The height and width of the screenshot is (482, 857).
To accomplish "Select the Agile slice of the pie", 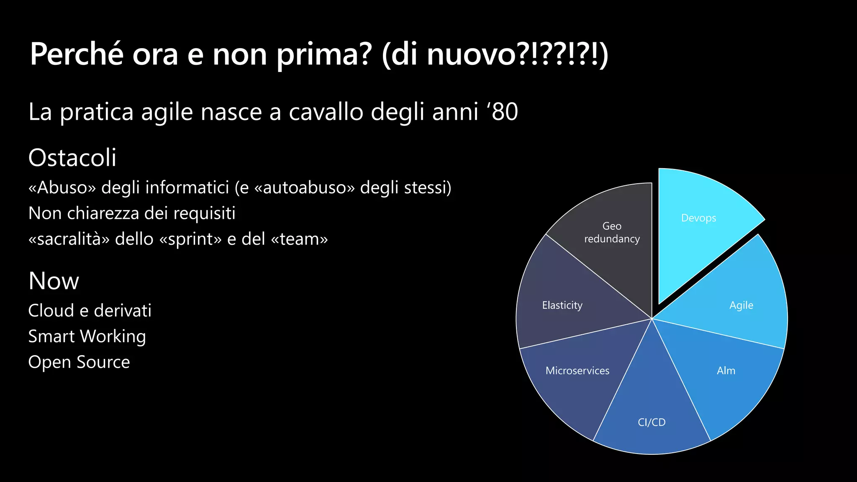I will pyautogui.click(x=736, y=301).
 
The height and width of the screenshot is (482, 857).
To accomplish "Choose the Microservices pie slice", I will pyautogui.click(x=577, y=377).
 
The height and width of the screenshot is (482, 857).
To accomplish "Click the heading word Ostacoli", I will pyautogui.click(x=72, y=158).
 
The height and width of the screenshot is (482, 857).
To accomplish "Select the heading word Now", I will pyautogui.click(x=54, y=281).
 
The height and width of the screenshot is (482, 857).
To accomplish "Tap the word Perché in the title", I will pyautogui.click(x=77, y=54).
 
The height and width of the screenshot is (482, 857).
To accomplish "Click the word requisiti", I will pyautogui.click(x=204, y=213).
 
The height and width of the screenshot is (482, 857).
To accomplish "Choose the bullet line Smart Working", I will pyautogui.click(x=87, y=336).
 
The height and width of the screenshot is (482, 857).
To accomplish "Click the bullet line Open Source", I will pyautogui.click(x=79, y=362).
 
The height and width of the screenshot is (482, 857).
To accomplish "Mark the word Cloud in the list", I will pyautogui.click(x=51, y=310).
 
